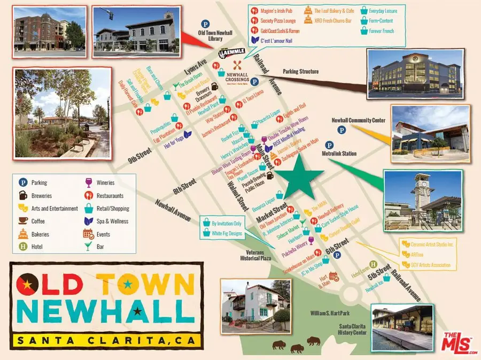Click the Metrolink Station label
[x=339, y=154]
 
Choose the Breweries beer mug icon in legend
[x=22, y=195]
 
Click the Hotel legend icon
[x=22, y=247]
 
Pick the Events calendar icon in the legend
[x=88, y=234]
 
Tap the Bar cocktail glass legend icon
[x=88, y=247]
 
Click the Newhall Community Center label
[x=358, y=120]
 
